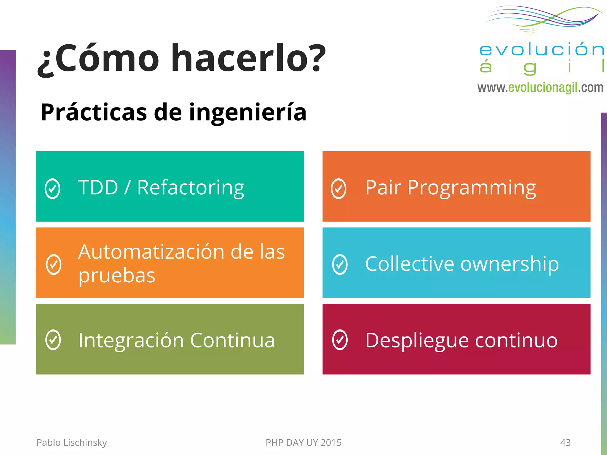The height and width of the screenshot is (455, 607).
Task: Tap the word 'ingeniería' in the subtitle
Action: pyautogui.click(x=247, y=113)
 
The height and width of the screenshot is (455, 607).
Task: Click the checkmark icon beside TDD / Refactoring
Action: pyautogui.click(x=52, y=189)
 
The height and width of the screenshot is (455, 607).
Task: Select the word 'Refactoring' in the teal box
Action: pyautogui.click(x=191, y=188)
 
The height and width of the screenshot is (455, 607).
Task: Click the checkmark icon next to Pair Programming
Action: pyautogui.click(x=338, y=189)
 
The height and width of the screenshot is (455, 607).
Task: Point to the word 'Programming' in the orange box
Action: pyautogui.click(x=472, y=188)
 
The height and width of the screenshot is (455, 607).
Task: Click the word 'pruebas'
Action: pyautogui.click(x=117, y=275)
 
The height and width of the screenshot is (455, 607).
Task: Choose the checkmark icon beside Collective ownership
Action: pyautogui.click(x=340, y=264)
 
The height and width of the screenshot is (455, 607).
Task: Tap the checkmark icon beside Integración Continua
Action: pyautogui.click(x=53, y=340)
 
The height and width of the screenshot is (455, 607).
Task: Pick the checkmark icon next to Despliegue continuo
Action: pyautogui.click(x=340, y=340)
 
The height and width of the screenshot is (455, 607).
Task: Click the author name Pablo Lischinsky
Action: pyautogui.click(x=71, y=442)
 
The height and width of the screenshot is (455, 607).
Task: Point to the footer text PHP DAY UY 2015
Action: pyautogui.click(x=303, y=442)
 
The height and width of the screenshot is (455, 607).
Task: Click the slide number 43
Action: pyautogui.click(x=565, y=442)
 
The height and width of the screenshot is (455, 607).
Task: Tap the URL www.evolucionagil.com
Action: pyautogui.click(x=540, y=88)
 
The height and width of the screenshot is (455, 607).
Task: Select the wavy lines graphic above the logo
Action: pyautogui.click(x=542, y=18)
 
